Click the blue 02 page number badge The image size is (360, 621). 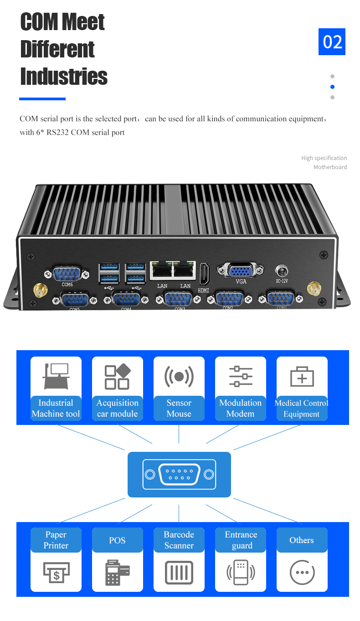tap(332, 41)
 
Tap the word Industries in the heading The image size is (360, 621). tap(64, 77)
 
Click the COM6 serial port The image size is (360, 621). tap(67, 274)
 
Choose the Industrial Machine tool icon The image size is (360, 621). tap(56, 376)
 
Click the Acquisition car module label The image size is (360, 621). tap(117, 408)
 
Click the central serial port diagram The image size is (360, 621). tap(179, 474)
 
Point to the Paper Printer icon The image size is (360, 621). tap(56, 572)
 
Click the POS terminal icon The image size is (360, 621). tap(117, 572)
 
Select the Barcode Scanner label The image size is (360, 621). tap(179, 540)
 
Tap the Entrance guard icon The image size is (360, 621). tap(241, 572)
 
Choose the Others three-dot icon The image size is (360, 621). tap(302, 572)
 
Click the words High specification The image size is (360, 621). tap(324, 158)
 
